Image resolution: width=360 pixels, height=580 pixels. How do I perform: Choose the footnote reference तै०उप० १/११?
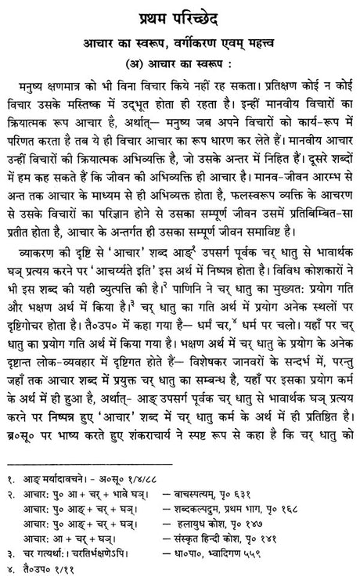[50, 575]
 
